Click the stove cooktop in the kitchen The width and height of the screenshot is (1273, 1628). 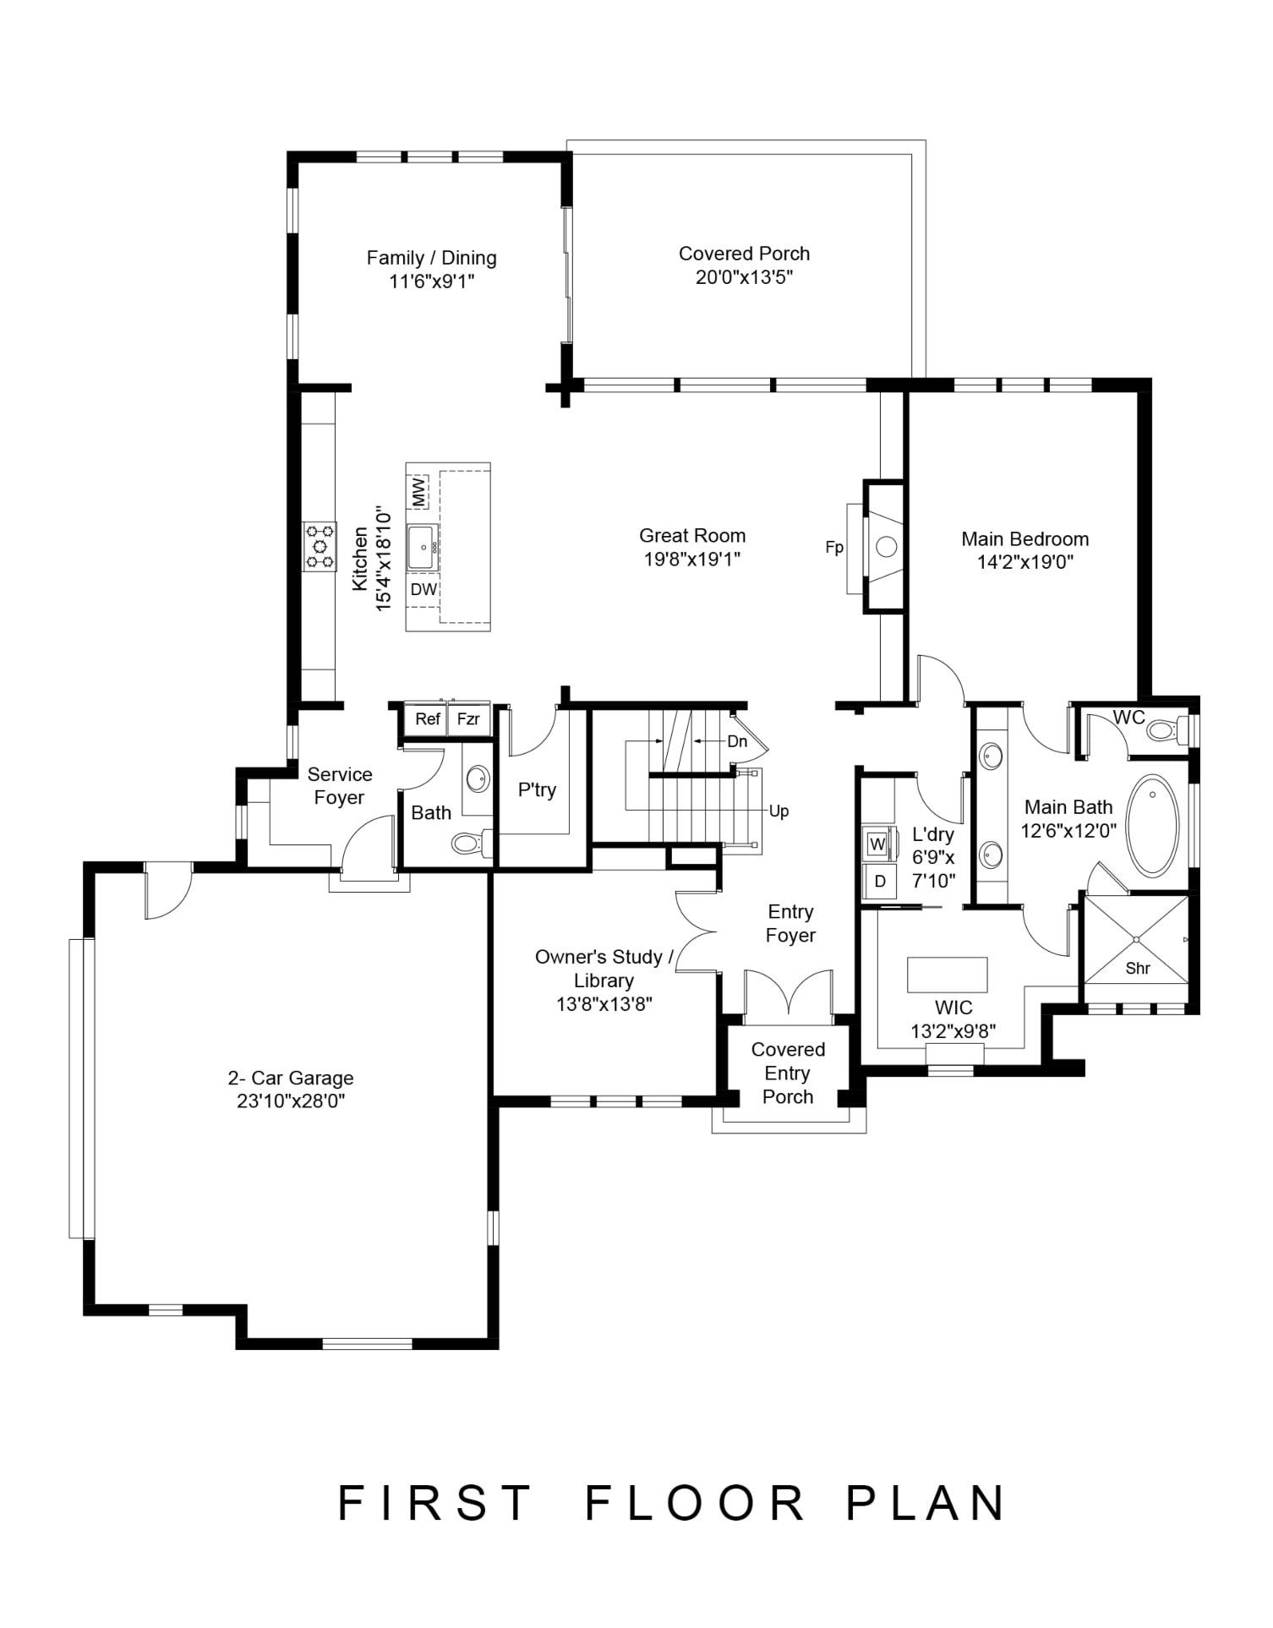click(320, 546)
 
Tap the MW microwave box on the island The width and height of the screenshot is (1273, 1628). click(418, 492)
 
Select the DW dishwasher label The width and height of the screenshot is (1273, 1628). click(423, 589)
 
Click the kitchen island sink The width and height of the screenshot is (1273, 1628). click(422, 547)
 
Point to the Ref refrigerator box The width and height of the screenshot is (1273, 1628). click(427, 718)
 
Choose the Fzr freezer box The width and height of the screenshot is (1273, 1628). click(468, 718)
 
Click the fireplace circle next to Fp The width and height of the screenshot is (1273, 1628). click(886, 546)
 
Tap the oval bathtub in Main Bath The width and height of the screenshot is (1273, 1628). click(1153, 826)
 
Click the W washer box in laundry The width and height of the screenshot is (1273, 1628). click(877, 844)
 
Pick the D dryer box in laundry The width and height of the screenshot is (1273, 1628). click(879, 882)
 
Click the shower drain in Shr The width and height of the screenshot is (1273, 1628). click(1137, 939)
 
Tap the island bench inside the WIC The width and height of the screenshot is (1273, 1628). click(948, 974)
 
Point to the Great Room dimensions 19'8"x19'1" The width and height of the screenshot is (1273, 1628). click(692, 559)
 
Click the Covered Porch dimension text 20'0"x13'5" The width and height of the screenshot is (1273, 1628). click(744, 277)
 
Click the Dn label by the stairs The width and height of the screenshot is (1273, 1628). click(737, 741)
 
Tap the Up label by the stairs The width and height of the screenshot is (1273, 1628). click(779, 811)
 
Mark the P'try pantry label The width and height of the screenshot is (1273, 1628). click(537, 790)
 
